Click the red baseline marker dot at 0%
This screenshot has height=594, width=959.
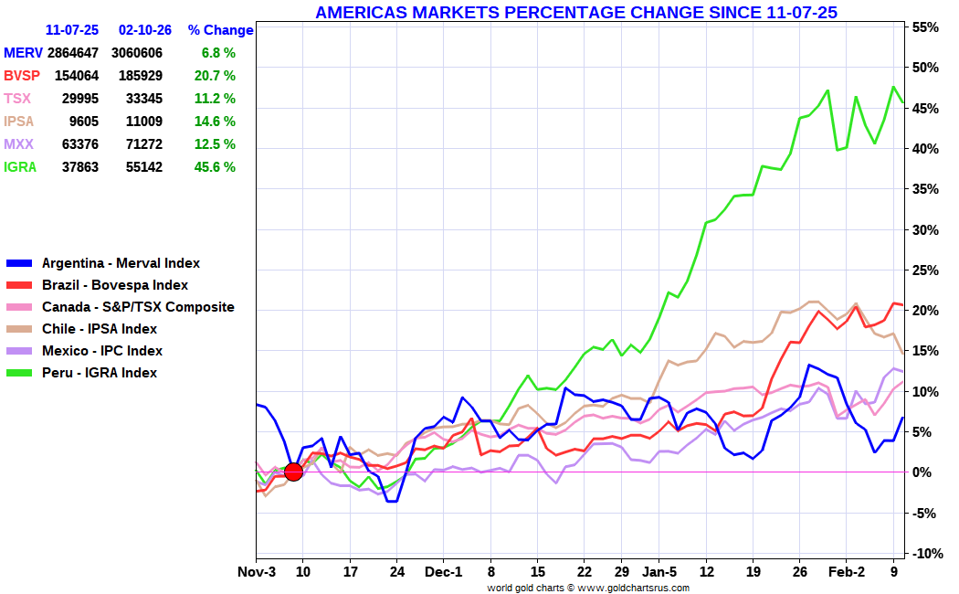(x=293, y=472)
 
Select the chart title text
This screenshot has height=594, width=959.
(x=576, y=12)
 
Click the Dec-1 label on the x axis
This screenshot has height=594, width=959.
(x=444, y=572)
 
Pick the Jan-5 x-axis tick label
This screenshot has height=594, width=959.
(x=659, y=572)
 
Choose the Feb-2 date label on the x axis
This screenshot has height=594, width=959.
(x=847, y=572)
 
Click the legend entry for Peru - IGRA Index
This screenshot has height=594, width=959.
(x=81, y=373)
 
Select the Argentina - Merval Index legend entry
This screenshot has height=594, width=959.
(x=102, y=263)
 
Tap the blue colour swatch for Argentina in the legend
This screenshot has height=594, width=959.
(x=19, y=264)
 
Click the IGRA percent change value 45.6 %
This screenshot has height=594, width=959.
(x=215, y=167)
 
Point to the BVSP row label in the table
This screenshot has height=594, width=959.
(x=22, y=76)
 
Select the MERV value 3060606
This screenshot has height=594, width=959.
(x=137, y=53)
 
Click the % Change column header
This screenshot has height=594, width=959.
(x=221, y=30)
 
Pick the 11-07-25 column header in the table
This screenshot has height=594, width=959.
(x=72, y=30)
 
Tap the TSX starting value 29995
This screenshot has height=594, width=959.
(x=80, y=99)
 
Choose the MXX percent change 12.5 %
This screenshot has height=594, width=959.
(x=215, y=144)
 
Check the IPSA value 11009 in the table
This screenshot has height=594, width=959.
(x=144, y=122)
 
